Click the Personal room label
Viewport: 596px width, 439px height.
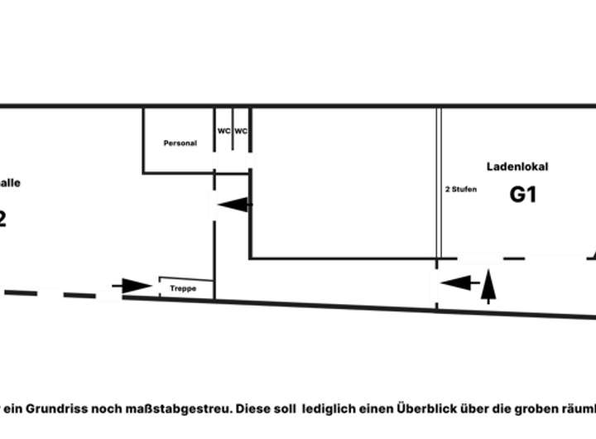coord(180,143)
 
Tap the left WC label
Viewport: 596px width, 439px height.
coord(223,131)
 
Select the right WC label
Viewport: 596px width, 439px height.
coord(241,131)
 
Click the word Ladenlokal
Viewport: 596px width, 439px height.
coord(517,166)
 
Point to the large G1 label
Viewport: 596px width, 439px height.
coord(523,195)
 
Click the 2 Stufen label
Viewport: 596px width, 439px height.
coord(461,190)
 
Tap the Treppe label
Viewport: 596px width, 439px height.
coord(183,289)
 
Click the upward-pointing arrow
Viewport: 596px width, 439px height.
coord(488,285)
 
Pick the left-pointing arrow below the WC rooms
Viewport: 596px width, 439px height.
coord(233,204)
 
